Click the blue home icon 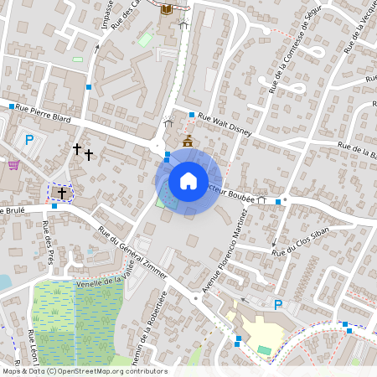point(188,181)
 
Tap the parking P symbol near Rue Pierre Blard point(29,140)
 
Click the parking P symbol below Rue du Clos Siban point(278,304)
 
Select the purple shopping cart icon point(13,165)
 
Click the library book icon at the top point(166,9)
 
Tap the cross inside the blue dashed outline point(61,192)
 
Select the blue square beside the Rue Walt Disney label point(192,115)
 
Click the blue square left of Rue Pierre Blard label point(13,106)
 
